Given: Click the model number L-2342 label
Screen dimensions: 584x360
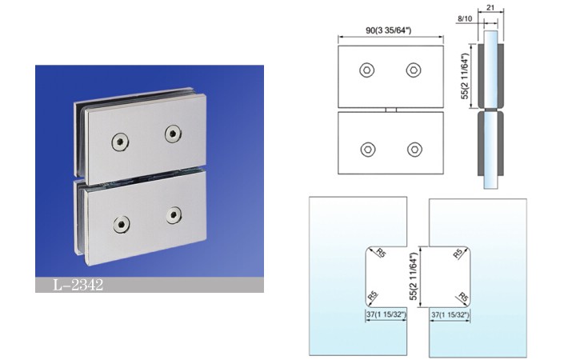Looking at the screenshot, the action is [78, 285].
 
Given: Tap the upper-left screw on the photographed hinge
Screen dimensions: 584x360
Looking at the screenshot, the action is [120, 142].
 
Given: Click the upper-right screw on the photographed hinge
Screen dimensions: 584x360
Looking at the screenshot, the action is [173, 134].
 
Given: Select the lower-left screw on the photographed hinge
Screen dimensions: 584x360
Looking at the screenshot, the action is [121, 225].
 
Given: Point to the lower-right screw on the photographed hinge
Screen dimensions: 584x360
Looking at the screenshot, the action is [174, 215].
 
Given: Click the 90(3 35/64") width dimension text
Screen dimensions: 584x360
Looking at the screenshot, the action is [389, 30].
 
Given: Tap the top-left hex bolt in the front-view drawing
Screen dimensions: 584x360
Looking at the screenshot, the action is [367, 70].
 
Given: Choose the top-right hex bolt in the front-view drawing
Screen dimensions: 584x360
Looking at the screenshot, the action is [414, 70].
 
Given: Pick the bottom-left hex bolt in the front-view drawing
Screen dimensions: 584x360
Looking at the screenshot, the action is [368, 150].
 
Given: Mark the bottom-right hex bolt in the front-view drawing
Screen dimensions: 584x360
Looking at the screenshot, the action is [414, 150].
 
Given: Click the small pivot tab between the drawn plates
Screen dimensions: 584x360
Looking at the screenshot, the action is [390, 110].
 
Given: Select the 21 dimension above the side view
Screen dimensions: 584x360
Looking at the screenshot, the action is [490, 7].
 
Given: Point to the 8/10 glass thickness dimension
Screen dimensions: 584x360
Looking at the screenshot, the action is [465, 18].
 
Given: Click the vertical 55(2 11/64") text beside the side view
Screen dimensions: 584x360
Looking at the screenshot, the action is [465, 76].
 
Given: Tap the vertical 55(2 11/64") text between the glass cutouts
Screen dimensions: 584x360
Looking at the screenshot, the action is [414, 277].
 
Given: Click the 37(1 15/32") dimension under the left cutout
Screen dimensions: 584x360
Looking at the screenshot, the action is [386, 315].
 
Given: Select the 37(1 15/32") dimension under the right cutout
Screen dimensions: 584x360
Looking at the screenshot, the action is [450, 315].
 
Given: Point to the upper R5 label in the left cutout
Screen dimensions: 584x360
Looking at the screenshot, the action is [381, 253].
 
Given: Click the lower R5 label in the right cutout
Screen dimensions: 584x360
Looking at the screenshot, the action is [462, 297].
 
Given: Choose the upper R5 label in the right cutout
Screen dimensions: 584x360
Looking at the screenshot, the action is [458, 254].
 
